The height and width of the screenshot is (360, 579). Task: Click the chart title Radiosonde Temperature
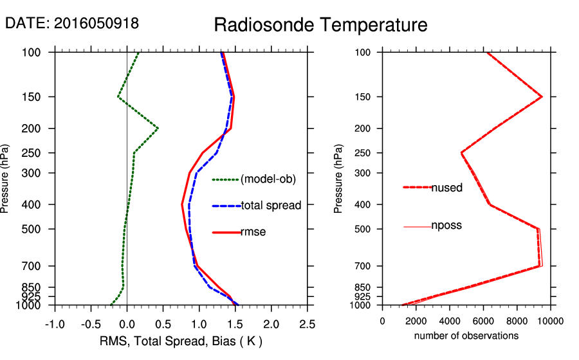point(320,25)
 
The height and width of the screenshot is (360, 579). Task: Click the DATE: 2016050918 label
point(72,23)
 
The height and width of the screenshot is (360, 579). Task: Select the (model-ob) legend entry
point(268,179)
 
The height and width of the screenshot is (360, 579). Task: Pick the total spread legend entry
point(271,206)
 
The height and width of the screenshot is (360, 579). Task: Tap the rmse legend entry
point(253,232)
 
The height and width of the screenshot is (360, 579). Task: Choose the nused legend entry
point(446,187)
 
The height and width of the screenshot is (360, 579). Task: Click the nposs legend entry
point(446,226)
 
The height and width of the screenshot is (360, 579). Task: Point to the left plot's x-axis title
point(181,341)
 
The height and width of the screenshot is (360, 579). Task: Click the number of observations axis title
point(466,336)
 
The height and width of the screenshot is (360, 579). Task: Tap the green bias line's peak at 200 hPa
point(158,129)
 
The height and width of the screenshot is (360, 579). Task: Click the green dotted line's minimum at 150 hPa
point(118,97)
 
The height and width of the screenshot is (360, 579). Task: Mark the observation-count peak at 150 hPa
point(542,97)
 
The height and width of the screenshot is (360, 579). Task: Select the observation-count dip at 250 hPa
point(462,153)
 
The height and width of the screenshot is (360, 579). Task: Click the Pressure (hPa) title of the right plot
point(339,179)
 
